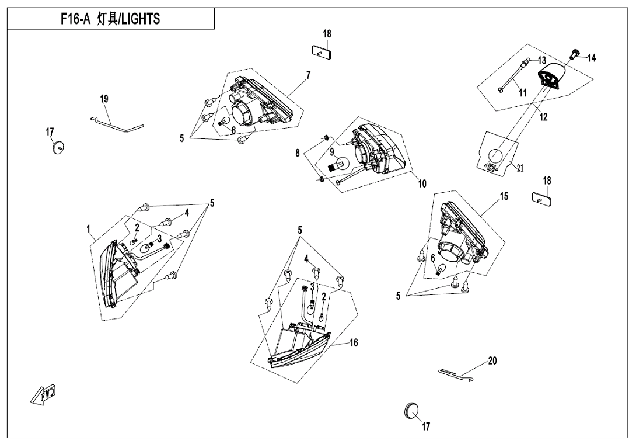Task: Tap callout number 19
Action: coord(104,99)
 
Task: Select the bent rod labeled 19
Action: coord(117,123)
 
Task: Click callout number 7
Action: coord(308,75)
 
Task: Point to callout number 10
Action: coord(422,183)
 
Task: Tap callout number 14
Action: coord(592,58)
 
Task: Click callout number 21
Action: coord(520,167)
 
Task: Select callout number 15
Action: coord(504,197)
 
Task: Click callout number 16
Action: coord(354,342)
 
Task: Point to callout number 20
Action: coord(492,360)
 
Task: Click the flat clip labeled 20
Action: coord(456,375)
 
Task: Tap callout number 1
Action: coord(89,230)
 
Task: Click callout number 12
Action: coord(544,117)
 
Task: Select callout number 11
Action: coord(523,93)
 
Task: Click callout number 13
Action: coord(542,61)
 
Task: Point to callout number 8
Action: coord(298,153)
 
